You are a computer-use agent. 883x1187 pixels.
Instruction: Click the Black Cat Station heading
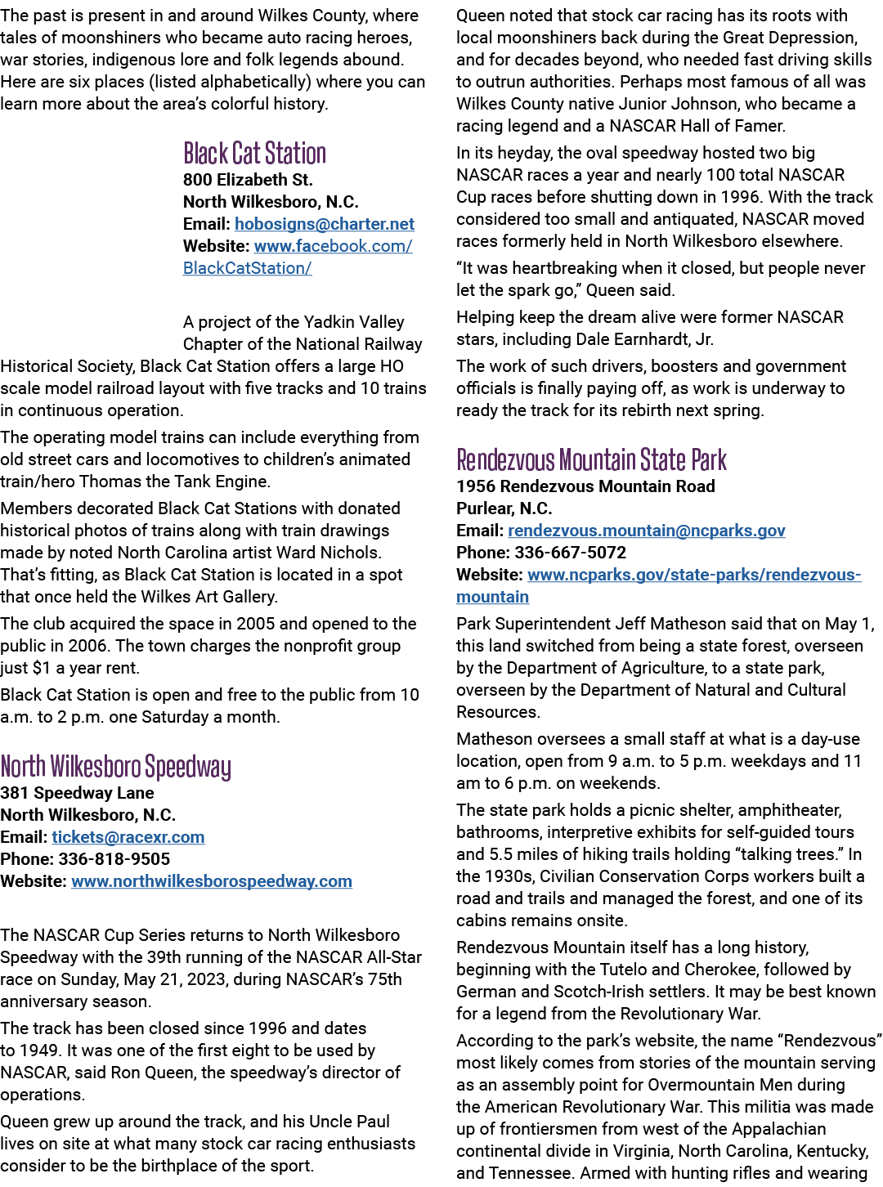254,153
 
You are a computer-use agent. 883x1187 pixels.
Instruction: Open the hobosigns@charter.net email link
325,224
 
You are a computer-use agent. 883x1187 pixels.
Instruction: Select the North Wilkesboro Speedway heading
115,766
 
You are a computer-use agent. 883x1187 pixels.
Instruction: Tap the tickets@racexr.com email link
128,836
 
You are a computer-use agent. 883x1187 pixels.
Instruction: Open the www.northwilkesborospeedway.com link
212,881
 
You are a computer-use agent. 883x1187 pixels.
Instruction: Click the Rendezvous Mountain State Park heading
591,459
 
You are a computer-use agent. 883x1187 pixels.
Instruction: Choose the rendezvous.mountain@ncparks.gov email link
647,531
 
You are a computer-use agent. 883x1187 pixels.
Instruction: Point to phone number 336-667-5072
571,553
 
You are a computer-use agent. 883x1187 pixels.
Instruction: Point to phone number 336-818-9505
114,858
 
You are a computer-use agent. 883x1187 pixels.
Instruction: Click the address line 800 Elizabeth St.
248,180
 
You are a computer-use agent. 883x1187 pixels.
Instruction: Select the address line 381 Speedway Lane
77,793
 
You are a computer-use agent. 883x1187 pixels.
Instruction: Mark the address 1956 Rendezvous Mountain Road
585,486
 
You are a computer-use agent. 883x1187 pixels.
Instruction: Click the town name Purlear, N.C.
504,508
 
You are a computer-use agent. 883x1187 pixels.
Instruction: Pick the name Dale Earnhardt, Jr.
644,339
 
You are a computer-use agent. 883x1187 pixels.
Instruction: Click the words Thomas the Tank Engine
175,482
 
